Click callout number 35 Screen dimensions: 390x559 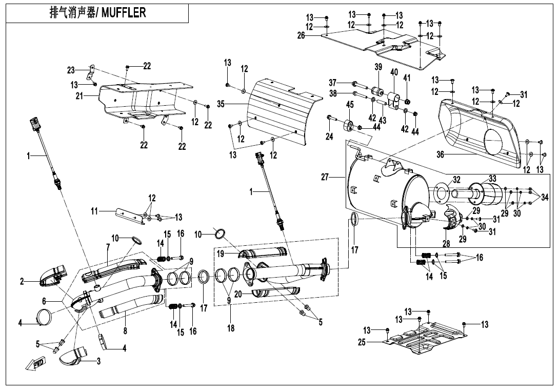221,104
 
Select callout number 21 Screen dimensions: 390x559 79,96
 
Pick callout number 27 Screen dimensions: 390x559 325,177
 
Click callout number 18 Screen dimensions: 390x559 231,328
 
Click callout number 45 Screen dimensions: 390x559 350,105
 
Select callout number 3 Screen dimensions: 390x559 98,361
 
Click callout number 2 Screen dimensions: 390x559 22,281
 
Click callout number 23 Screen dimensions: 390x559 71,70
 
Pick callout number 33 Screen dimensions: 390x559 492,179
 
